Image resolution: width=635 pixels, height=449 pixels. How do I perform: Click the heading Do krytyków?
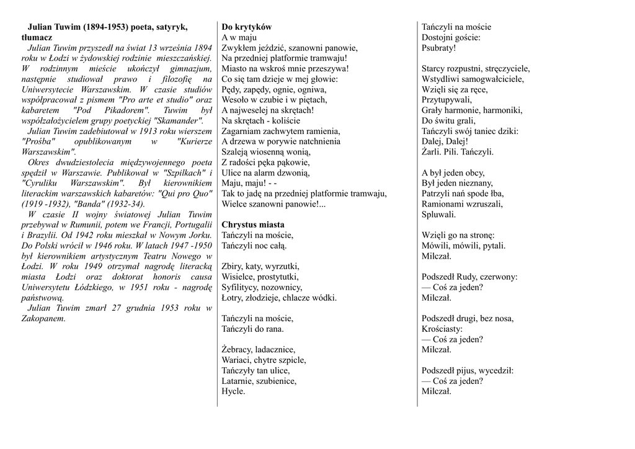tap(247, 27)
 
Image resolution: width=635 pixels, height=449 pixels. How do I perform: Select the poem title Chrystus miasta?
tap(253, 225)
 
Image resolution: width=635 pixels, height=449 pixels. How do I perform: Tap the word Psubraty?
tap(438, 48)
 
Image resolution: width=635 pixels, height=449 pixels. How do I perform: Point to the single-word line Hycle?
tap(233, 391)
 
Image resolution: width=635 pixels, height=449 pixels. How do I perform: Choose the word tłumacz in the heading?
tap(37, 37)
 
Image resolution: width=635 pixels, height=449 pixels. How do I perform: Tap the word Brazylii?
tap(41, 235)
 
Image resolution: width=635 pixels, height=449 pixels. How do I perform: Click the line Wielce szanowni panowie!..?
tap(273, 204)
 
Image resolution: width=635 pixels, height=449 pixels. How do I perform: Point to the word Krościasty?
tap(442, 329)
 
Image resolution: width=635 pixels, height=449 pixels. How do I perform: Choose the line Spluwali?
tap(438, 215)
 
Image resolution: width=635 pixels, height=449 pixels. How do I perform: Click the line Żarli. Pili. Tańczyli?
tap(458, 152)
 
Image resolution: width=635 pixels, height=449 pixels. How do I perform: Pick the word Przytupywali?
tap(446, 100)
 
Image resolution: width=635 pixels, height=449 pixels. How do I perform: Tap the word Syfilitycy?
tap(242, 287)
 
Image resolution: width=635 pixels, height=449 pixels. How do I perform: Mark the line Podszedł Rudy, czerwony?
tap(469, 277)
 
